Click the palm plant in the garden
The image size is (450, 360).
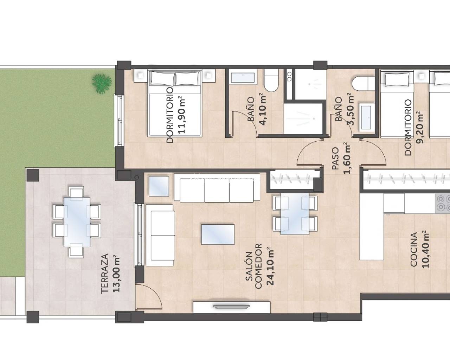[x=102, y=82]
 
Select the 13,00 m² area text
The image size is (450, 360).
[x=117, y=274]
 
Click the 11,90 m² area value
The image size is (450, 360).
[x=181, y=115]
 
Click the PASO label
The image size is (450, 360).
[x=335, y=159]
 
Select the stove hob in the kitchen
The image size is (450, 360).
[x=442, y=203]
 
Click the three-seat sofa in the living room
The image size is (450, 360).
[x=217, y=188]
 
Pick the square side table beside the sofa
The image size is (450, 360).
[x=159, y=186]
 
